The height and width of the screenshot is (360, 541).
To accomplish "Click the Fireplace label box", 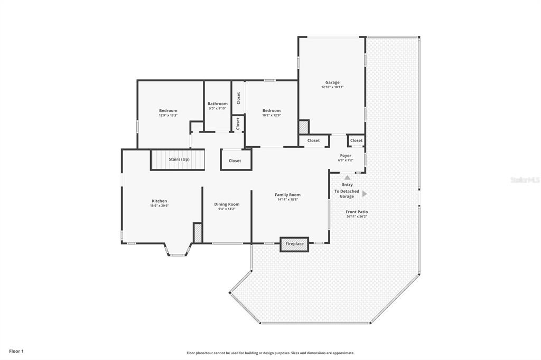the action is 294,244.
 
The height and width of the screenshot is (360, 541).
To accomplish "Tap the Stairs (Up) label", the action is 179,159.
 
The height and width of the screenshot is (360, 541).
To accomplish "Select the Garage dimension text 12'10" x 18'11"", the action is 332,87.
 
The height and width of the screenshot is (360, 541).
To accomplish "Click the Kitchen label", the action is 160,201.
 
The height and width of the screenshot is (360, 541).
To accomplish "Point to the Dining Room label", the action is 227,204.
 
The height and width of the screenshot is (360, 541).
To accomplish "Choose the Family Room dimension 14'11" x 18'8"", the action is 287,200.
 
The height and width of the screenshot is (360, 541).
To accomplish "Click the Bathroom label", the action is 217,103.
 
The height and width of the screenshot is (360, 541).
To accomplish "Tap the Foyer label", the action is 346,156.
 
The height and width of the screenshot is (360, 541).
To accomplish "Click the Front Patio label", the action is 357,212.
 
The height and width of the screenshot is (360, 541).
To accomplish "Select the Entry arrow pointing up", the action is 347,177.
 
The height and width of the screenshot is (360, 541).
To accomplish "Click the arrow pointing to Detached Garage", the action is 365,194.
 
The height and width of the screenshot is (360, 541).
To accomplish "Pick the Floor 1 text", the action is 16,352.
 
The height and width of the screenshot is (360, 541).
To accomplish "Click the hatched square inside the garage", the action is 304,127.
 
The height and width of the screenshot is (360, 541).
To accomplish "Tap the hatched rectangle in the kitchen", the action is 198,233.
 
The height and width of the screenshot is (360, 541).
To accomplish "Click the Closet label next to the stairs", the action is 235,160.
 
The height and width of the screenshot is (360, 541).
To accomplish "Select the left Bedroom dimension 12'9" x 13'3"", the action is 168,115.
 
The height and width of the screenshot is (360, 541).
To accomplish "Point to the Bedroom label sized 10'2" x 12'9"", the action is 272,111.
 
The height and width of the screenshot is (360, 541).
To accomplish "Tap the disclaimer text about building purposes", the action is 270,353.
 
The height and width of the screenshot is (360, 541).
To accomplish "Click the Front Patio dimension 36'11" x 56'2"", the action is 357,216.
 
